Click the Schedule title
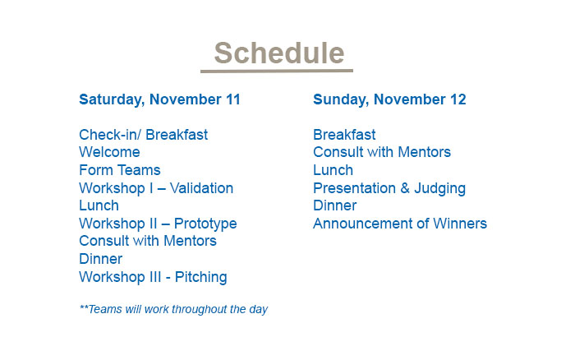pyautogui.click(x=279, y=53)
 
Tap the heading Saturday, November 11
pyautogui.click(x=159, y=99)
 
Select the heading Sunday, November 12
pyautogui.click(x=389, y=99)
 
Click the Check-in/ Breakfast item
pyautogui.click(x=144, y=135)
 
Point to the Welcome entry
pyautogui.click(x=109, y=152)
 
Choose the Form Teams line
pyautogui.click(x=120, y=170)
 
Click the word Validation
pyautogui.click(x=201, y=188)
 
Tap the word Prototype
pyautogui.click(x=205, y=224)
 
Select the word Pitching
pyautogui.click(x=201, y=278)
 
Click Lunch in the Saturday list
pyautogui.click(x=99, y=205)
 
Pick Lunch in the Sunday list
pyautogui.click(x=333, y=170)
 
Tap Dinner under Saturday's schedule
pyautogui.click(x=100, y=259)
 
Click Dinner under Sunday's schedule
pyautogui.click(x=334, y=205)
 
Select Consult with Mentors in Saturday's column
pyautogui.click(x=148, y=241)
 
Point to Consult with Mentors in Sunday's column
pyautogui.click(x=382, y=152)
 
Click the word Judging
pyautogui.click(x=439, y=188)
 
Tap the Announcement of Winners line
pyautogui.click(x=400, y=224)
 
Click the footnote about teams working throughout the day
pyautogui.click(x=173, y=309)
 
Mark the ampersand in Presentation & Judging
pyautogui.click(x=405, y=188)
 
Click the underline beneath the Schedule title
pyautogui.click(x=277, y=71)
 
